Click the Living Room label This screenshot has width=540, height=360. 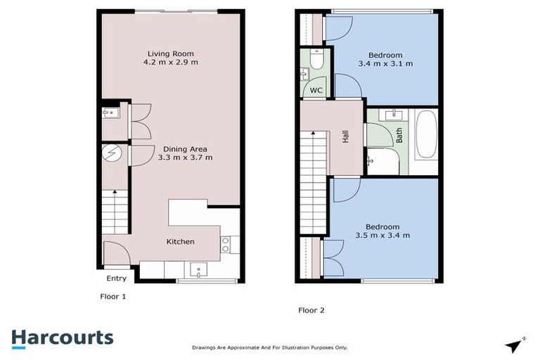[170, 53]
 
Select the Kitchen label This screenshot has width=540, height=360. [180, 242]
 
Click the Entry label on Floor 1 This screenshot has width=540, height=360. [116, 278]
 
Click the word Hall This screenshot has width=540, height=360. [345, 137]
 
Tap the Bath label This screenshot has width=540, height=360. [399, 135]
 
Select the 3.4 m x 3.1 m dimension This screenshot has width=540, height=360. [385, 64]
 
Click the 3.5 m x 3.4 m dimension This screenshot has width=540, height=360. [382, 236]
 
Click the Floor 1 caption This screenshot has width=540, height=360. [112, 297]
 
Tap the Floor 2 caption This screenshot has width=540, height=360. [311, 309]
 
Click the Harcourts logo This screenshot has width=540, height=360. [62, 337]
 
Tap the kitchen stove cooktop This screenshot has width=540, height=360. [226, 244]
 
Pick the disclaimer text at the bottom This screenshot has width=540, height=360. [269, 347]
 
